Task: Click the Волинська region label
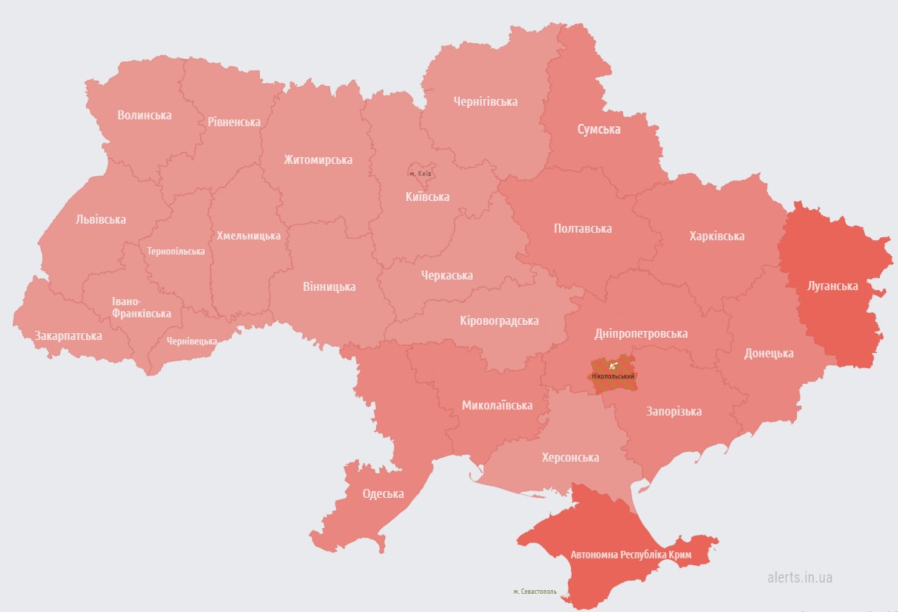pyautogui.click(x=144, y=116)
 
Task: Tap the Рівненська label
pyautogui.click(x=234, y=122)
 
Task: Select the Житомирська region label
pyautogui.click(x=318, y=160)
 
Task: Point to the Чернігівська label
pyautogui.click(x=486, y=101)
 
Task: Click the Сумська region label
pyautogui.click(x=599, y=129)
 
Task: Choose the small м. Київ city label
pyautogui.click(x=420, y=174)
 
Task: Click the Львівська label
pyautogui.click(x=101, y=220)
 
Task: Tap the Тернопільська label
pyautogui.click(x=176, y=252)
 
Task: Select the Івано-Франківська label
pyautogui.click(x=141, y=308)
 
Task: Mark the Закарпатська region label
pyautogui.click(x=68, y=335)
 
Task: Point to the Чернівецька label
pyautogui.click(x=192, y=342)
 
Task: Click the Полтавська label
pyautogui.click(x=582, y=228)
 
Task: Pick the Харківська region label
pyautogui.click(x=717, y=236)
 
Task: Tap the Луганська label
pyautogui.click(x=832, y=286)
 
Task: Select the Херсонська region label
pyautogui.click(x=570, y=458)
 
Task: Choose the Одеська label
pyautogui.click(x=383, y=494)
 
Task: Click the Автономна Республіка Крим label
pyautogui.click(x=641, y=555)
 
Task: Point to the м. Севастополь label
pyautogui.click(x=535, y=592)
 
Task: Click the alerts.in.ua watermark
pyautogui.click(x=799, y=577)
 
